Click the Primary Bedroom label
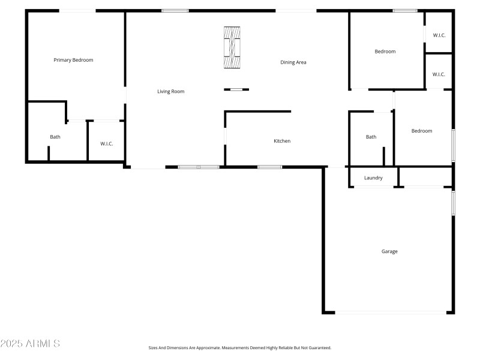click(73, 60)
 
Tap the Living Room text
click(170, 92)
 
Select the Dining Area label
click(293, 62)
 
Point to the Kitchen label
click(282, 141)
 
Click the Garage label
click(389, 251)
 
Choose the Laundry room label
click(373, 178)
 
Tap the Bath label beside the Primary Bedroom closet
click(55, 137)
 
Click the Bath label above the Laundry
click(371, 137)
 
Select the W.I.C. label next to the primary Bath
click(107, 143)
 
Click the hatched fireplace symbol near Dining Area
click(232, 48)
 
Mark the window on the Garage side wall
click(453, 203)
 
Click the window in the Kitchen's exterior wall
click(270, 167)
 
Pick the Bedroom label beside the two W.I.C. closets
click(385, 52)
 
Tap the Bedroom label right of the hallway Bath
click(421, 131)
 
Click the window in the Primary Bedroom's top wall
click(77, 10)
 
